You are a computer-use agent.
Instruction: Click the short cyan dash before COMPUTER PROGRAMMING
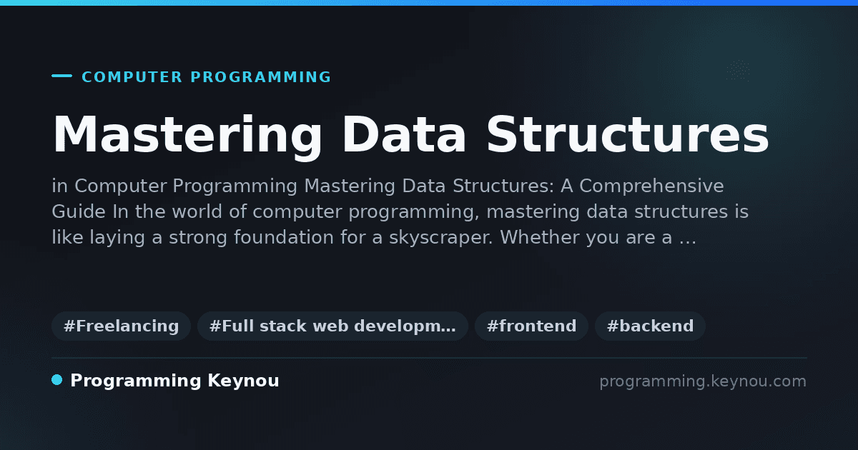coord(61,76)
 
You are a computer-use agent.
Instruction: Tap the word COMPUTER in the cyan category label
coord(132,77)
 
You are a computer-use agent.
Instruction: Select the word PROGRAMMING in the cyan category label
coord(261,77)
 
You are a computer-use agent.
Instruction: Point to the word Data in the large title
coord(404,135)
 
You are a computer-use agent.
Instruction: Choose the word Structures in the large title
coord(628,134)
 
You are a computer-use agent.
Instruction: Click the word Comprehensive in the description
coord(651,186)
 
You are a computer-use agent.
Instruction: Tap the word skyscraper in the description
coord(441,238)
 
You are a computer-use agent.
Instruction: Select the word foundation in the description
coord(283,237)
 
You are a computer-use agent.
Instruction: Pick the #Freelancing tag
coord(121,326)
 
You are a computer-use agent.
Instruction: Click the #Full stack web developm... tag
coord(332,326)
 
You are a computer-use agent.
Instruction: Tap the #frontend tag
coord(531,326)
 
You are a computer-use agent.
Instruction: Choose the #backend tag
coord(650,326)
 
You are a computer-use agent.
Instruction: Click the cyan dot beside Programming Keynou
coord(57,380)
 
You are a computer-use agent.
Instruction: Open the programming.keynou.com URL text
coord(703,381)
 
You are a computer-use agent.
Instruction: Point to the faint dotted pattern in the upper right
coord(738,71)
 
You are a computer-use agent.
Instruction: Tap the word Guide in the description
coord(79,211)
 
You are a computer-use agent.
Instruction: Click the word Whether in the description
coord(539,237)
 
